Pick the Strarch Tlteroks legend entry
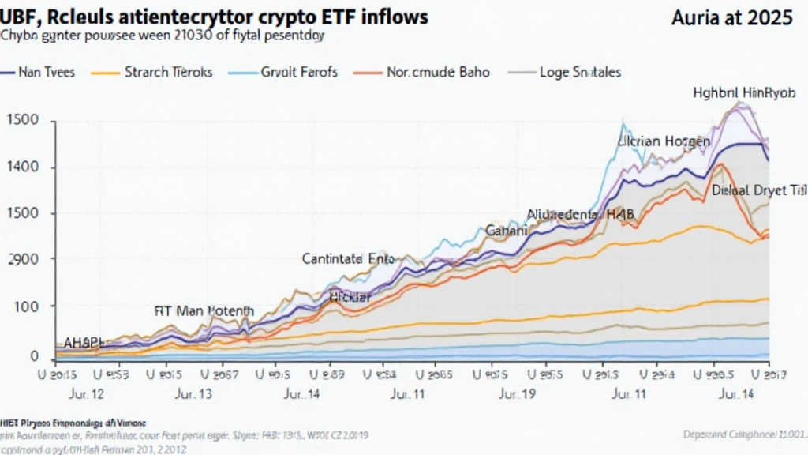(168, 72)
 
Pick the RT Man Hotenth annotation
(204, 311)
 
